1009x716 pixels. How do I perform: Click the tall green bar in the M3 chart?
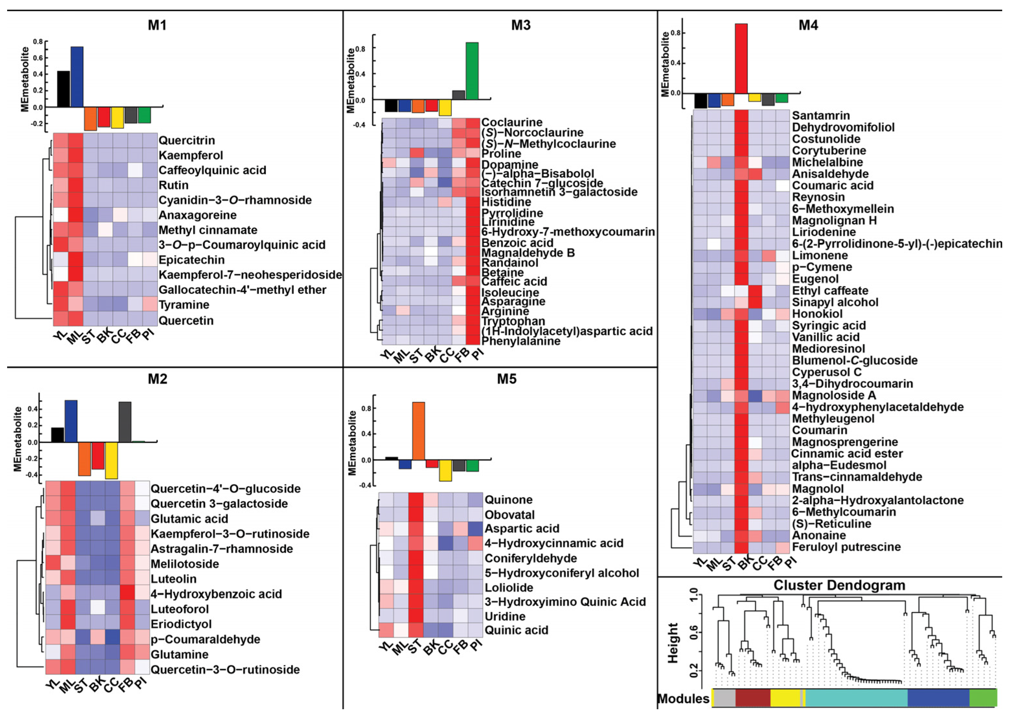point(472,71)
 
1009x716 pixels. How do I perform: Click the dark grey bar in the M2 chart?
point(125,421)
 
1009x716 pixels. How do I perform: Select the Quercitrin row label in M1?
point(187,140)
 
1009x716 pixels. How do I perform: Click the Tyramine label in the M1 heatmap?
point(184,305)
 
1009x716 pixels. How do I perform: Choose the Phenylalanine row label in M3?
point(521,341)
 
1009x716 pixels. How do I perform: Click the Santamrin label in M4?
point(821,115)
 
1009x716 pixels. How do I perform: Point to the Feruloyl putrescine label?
point(846,547)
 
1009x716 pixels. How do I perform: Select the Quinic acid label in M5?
point(516,630)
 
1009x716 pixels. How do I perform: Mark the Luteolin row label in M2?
point(174,579)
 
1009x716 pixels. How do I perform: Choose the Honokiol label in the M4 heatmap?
point(817,314)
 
